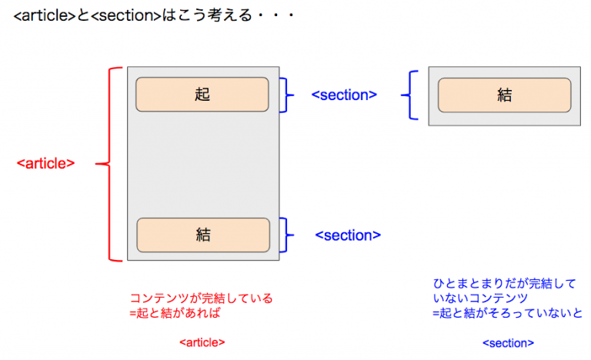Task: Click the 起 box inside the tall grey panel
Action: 202,95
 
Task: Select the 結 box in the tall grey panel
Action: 203,235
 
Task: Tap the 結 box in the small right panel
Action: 504,95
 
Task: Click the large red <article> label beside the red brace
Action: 45,164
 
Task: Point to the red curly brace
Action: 110,164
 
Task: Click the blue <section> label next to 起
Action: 344,95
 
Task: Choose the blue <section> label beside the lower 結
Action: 348,235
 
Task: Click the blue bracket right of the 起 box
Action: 286,95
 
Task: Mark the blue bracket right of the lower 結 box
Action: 286,235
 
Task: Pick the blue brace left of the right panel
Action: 410,95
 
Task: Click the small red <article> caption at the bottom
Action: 202,342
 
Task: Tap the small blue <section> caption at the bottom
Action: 508,343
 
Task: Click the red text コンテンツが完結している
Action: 202,298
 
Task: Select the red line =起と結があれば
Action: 175,313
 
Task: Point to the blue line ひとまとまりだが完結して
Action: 504,283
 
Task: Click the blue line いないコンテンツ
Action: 480,298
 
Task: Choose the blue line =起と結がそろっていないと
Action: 507,313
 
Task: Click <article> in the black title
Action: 45,15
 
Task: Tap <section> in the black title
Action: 126,15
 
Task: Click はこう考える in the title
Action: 207,15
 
